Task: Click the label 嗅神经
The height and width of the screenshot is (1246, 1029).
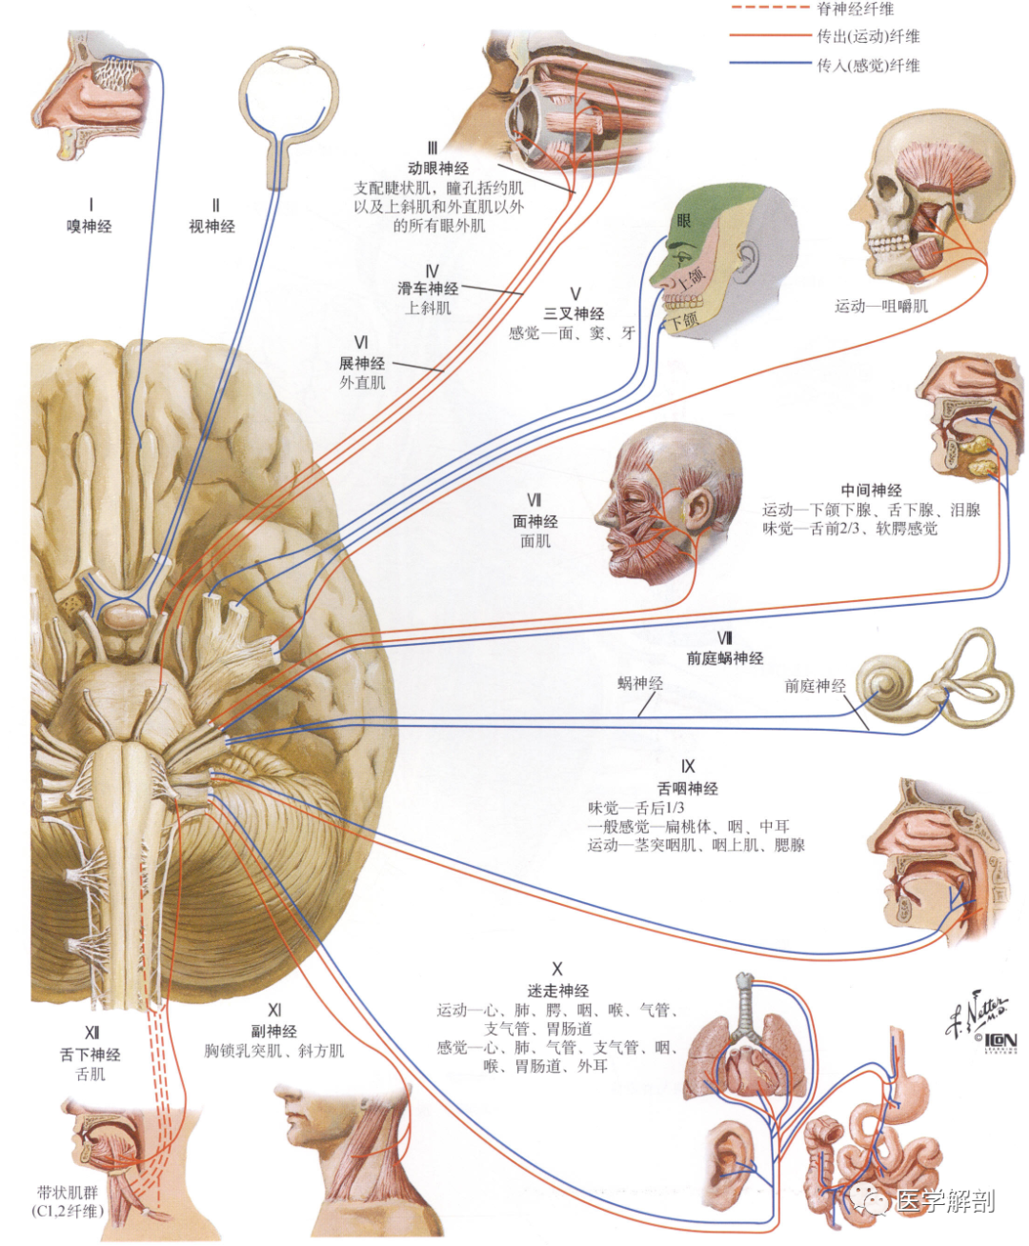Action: click(x=90, y=226)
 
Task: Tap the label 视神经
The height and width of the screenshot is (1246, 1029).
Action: click(x=212, y=226)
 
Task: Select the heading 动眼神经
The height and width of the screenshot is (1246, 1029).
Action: click(x=437, y=169)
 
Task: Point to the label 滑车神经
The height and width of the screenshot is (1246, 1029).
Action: click(x=428, y=289)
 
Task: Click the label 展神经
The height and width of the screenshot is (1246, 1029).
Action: click(x=362, y=363)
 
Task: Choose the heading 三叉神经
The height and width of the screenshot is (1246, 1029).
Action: click(x=574, y=313)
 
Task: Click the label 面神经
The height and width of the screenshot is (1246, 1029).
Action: click(x=535, y=522)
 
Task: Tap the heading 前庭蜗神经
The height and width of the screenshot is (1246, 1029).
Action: click(x=725, y=658)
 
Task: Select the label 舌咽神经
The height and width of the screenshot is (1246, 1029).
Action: click(x=687, y=789)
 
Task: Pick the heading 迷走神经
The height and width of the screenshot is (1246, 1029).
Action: click(x=557, y=992)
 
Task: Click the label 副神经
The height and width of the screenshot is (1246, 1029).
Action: click(x=274, y=1031)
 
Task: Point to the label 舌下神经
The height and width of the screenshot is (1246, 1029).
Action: click(x=91, y=1055)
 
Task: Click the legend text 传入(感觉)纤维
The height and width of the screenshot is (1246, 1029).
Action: click(x=868, y=65)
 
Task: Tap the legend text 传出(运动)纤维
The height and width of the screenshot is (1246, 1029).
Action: click(x=868, y=36)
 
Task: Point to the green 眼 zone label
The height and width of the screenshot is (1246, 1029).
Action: click(x=684, y=221)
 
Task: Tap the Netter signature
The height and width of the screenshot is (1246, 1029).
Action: click(x=975, y=1014)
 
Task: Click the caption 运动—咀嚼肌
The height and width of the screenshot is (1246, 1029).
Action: click(x=881, y=306)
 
